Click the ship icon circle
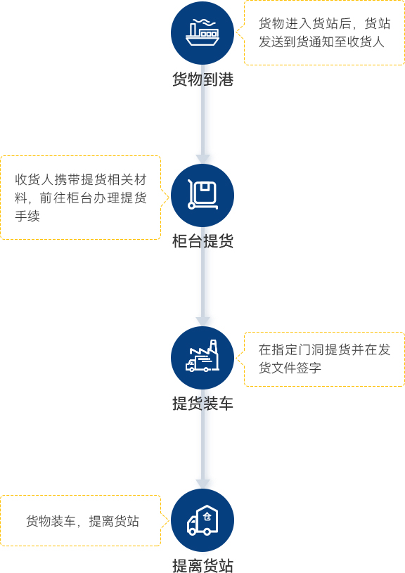(x=202, y=33)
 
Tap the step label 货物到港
(x=202, y=79)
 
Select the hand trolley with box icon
(x=202, y=195)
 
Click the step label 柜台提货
(x=202, y=241)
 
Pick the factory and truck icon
(x=202, y=358)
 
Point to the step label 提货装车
(x=202, y=404)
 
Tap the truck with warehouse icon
(x=202, y=520)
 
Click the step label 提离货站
(x=202, y=565)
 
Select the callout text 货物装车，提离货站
(x=82, y=521)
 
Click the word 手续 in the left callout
(x=27, y=216)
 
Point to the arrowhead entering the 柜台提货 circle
(x=202, y=159)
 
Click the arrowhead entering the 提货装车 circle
(x=202, y=321)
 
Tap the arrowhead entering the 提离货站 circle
(x=202, y=484)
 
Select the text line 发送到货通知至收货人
(x=321, y=41)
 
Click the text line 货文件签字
(x=290, y=368)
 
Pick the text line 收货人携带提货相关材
(x=81, y=179)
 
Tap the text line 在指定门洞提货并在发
(x=325, y=349)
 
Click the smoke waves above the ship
(x=205, y=22)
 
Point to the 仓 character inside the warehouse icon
(x=207, y=516)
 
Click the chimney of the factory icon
(x=214, y=347)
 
